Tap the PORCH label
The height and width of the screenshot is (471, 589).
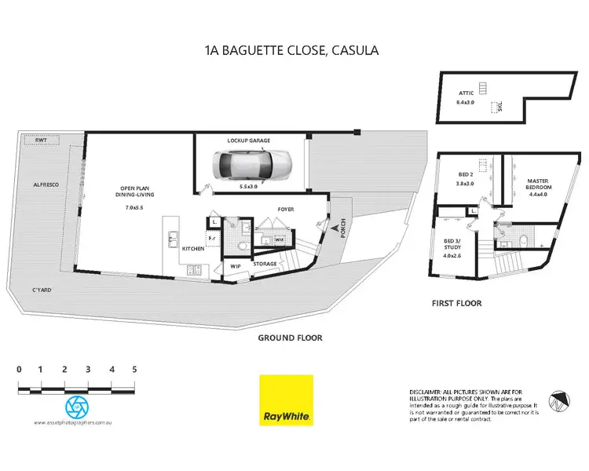point(342,228)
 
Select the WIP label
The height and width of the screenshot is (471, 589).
point(236,266)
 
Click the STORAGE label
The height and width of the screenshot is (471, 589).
point(265,264)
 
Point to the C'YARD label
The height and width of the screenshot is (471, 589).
point(42,290)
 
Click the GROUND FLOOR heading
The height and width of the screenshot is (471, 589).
point(291,338)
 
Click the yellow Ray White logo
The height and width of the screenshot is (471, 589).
point(286,400)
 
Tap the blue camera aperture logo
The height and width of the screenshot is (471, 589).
point(77,406)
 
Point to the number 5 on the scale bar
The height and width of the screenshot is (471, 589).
point(135,369)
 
